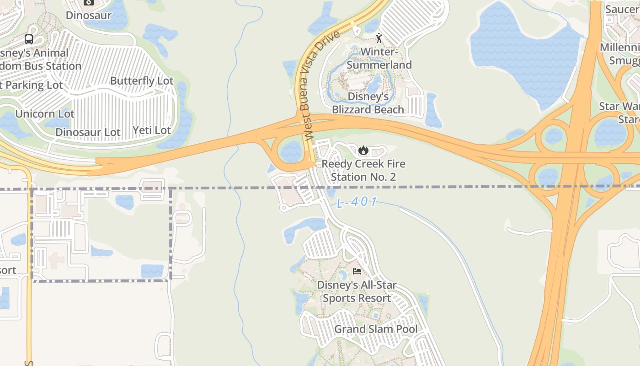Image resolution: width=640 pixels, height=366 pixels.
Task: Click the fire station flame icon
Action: (x=363, y=151)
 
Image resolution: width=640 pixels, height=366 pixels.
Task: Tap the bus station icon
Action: (x=29, y=39)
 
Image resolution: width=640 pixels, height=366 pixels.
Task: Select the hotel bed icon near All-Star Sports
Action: (x=357, y=271)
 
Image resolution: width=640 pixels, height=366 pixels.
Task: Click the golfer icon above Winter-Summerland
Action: (x=379, y=38)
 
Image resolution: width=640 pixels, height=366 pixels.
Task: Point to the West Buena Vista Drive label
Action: (x=322, y=86)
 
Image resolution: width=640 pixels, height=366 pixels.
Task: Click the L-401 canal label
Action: (x=357, y=202)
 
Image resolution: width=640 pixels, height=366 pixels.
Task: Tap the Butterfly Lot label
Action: (x=142, y=81)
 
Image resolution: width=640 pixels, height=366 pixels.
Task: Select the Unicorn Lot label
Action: (x=45, y=113)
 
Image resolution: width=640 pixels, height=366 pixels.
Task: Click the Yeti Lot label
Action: (x=151, y=130)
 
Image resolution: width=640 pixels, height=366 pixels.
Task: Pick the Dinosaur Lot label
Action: (x=88, y=132)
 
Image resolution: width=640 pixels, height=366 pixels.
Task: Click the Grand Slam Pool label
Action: (x=376, y=329)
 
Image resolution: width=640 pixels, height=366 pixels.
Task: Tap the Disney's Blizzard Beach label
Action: (x=368, y=103)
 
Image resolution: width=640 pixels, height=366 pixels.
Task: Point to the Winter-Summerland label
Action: (x=379, y=58)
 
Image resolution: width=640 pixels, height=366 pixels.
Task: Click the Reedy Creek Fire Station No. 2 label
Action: (x=363, y=170)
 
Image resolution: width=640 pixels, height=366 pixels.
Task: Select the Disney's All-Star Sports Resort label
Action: (x=357, y=291)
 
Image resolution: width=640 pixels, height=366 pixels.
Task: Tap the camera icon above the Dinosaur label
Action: (x=89, y=2)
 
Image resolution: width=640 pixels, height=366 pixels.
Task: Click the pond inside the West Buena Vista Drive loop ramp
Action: (x=291, y=152)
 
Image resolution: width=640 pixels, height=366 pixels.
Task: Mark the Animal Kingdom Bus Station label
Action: (x=39, y=59)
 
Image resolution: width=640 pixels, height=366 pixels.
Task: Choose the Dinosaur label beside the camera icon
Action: (x=89, y=15)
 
